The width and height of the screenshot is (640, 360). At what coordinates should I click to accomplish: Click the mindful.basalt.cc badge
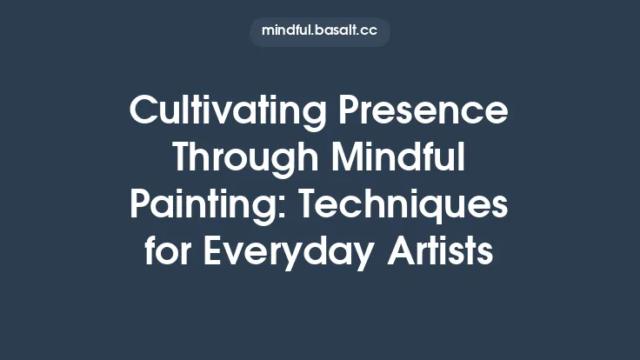click(x=319, y=31)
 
